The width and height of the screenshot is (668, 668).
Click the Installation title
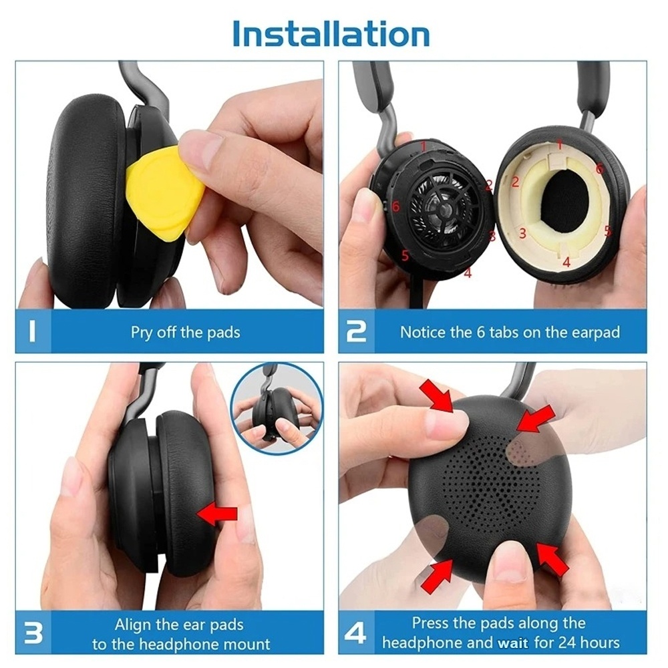(x=331, y=33)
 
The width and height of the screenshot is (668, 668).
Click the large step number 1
(x=31, y=331)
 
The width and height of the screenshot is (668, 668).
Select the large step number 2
(x=356, y=331)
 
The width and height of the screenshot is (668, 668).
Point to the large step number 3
(x=33, y=633)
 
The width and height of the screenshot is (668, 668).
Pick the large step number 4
(x=355, y=633)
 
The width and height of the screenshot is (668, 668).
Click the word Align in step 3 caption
(x=133, y=625)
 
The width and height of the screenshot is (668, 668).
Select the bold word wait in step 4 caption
(x=512, y=643)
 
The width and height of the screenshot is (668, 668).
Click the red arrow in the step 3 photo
(x=217, y=514)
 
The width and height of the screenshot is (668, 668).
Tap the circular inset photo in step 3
(x=277, y=409)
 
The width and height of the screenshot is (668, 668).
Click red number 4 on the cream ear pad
(x=566, y=262)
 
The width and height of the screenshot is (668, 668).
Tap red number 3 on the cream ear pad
(x=522, y=233)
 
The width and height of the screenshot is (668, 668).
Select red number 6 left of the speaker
(x=395, y=206)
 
